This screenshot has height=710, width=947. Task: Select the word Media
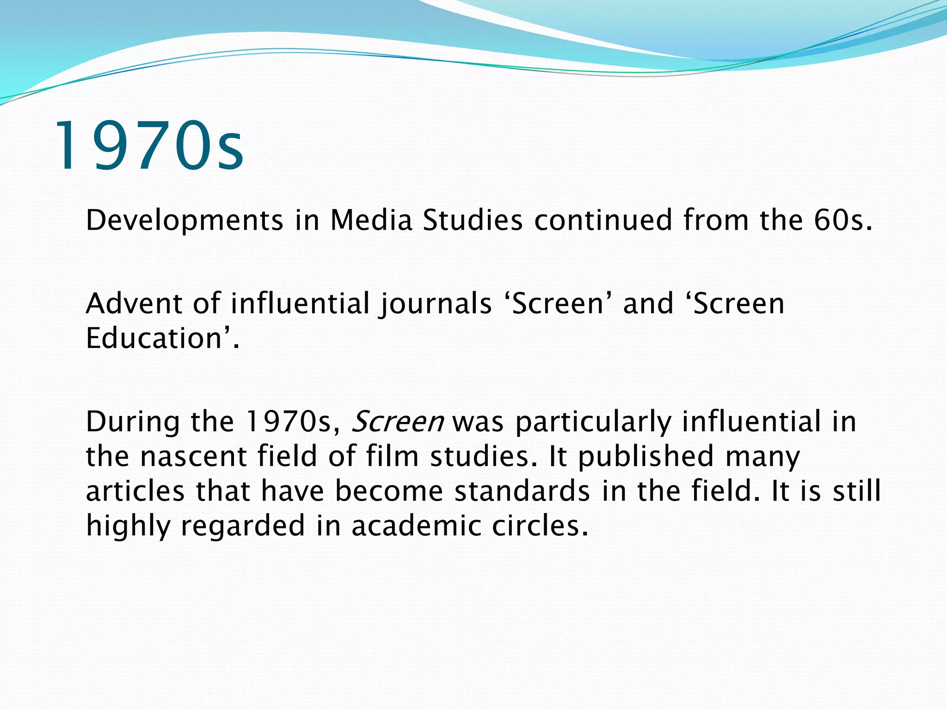point(371,220)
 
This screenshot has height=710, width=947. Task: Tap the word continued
point(603,220)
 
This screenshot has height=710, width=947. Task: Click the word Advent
point(134,304)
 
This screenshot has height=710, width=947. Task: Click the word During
point(133,422)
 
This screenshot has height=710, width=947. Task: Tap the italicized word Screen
point(398,422)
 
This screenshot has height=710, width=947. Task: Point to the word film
point(393,456)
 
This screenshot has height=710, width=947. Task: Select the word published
point(646,457)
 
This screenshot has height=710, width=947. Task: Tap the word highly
point(129,526)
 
